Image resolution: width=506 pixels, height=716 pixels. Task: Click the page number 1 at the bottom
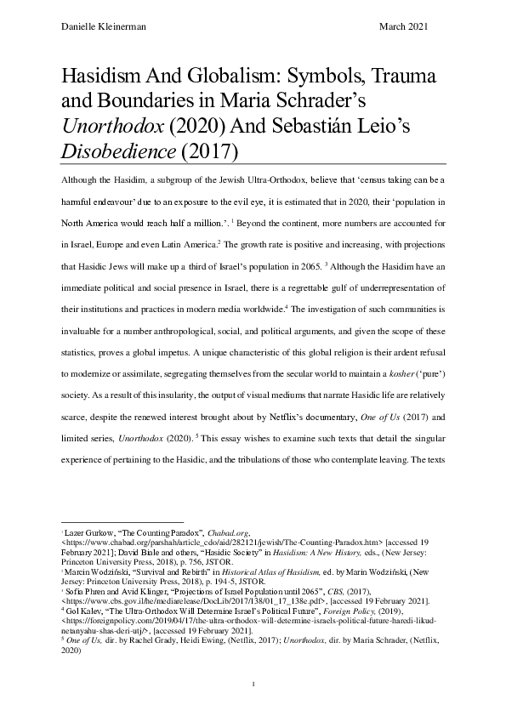(253, 684)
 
